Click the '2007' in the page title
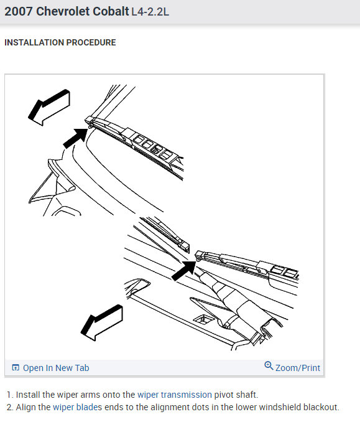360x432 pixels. coord(19,12)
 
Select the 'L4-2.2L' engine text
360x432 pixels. coord(150,12)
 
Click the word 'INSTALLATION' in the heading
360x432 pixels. coord(34,42)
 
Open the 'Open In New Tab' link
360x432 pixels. coord(56,368)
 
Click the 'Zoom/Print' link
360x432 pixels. coord(298,368)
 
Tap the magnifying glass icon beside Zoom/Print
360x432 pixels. coord(269,366)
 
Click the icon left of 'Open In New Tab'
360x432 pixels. coord(16,367)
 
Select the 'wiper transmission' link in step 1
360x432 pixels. coord(175,395)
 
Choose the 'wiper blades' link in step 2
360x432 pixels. coord(77,407)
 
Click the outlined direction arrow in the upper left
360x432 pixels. coord(50,107)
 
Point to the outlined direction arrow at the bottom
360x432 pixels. coord(103,322)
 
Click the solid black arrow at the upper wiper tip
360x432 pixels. coord(75,138)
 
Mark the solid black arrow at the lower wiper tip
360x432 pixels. coord(183,271)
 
